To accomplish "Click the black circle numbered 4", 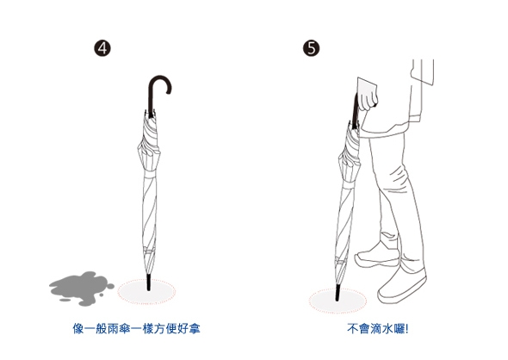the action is click(102, 48).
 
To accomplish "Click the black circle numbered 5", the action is click(312, 48).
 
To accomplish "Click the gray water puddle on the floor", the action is click(81, 289).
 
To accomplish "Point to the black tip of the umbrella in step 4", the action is click(149, 282).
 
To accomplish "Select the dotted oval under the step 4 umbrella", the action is click(146, 292).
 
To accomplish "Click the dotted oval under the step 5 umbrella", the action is click(338, 301).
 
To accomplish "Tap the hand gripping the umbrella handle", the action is click(367, 94).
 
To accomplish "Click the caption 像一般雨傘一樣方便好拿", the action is click(136, 329).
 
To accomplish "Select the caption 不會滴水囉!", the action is click(378, 329).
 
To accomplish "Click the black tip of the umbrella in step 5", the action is click(338, 293).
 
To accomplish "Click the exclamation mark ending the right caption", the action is click(407, 329).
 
